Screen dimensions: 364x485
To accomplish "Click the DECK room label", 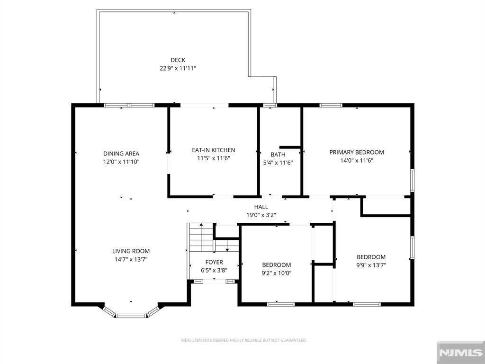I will pos(178,60).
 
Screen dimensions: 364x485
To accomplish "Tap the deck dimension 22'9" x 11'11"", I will pos(178,68).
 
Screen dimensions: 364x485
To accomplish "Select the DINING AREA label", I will pos(121,154).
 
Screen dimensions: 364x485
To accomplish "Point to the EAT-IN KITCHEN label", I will pos(213,150).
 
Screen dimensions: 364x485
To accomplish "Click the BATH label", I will pos(278,155).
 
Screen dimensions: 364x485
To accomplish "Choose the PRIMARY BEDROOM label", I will pos(357,152).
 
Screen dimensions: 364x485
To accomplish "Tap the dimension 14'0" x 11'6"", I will pos(357,160).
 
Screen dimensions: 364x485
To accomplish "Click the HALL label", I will pos(261,207).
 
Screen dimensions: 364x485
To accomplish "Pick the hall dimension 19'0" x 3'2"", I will pos(261,215).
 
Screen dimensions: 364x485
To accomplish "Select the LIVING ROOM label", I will pos(131,251).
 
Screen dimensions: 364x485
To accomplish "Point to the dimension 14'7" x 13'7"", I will pos(131,259).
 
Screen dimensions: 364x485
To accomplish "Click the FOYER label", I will pos(214,262).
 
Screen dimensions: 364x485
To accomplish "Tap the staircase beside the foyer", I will pos(200,238).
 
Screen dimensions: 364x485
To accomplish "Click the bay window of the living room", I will pos(131,314).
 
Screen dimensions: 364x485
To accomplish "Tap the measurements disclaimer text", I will pos(244,340).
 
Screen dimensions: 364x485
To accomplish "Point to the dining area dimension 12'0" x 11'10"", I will pos(121,162).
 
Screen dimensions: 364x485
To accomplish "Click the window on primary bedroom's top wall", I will pos(331,105).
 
